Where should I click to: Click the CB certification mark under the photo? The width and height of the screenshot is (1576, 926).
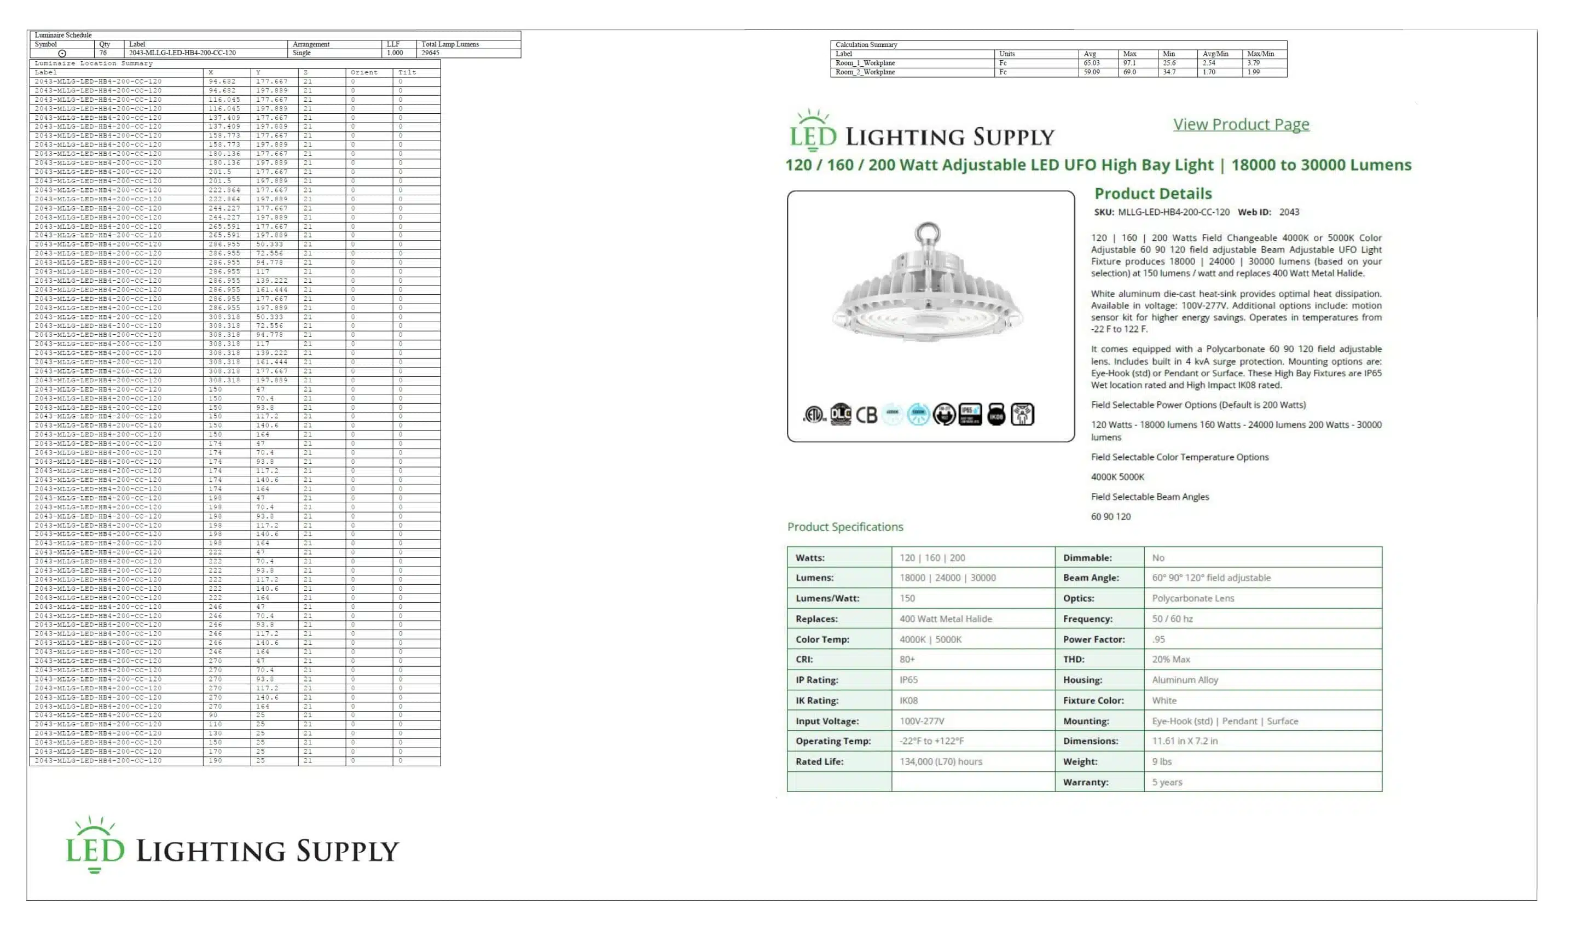pyautogui.click(x=866, y=415)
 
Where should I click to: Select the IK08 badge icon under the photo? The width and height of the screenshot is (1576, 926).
pyautogui.click(x=996, y=415)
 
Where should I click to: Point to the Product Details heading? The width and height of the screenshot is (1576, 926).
pyautogui.click(x=1152, y=194)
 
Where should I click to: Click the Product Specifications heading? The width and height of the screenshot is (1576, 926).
pyautogui.click(x=845, y=527)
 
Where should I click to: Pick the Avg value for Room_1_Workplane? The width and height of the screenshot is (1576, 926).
pyautogui.click(x=1091, y=63)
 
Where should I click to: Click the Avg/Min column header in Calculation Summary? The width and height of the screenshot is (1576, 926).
pyautogui.click(x=1215, y=54)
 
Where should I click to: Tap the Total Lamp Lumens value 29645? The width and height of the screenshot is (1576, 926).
pyautogui.click(x=430, y=53)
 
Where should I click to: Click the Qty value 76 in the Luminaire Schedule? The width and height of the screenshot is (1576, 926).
pyautogui.click(x=103, y=53)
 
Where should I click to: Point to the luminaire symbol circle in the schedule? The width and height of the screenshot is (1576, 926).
pyautogui.click(x=62, y=54)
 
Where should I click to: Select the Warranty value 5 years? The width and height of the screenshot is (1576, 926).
pyautogui.click(x=1167, y=782)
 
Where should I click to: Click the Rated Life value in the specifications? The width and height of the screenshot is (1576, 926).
pyautogui.click(x=941, y=761)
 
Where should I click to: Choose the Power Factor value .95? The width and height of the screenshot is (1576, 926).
pyautogui.click(x=1158, y=639)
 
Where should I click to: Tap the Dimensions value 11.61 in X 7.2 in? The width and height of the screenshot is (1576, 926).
pyautogui.click(x=1185, y=741)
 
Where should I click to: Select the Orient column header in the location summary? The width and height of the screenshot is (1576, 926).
pyautogui.click(x=364, y=73)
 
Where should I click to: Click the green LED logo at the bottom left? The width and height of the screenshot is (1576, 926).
pyautogui.click(x=96, y=846)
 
